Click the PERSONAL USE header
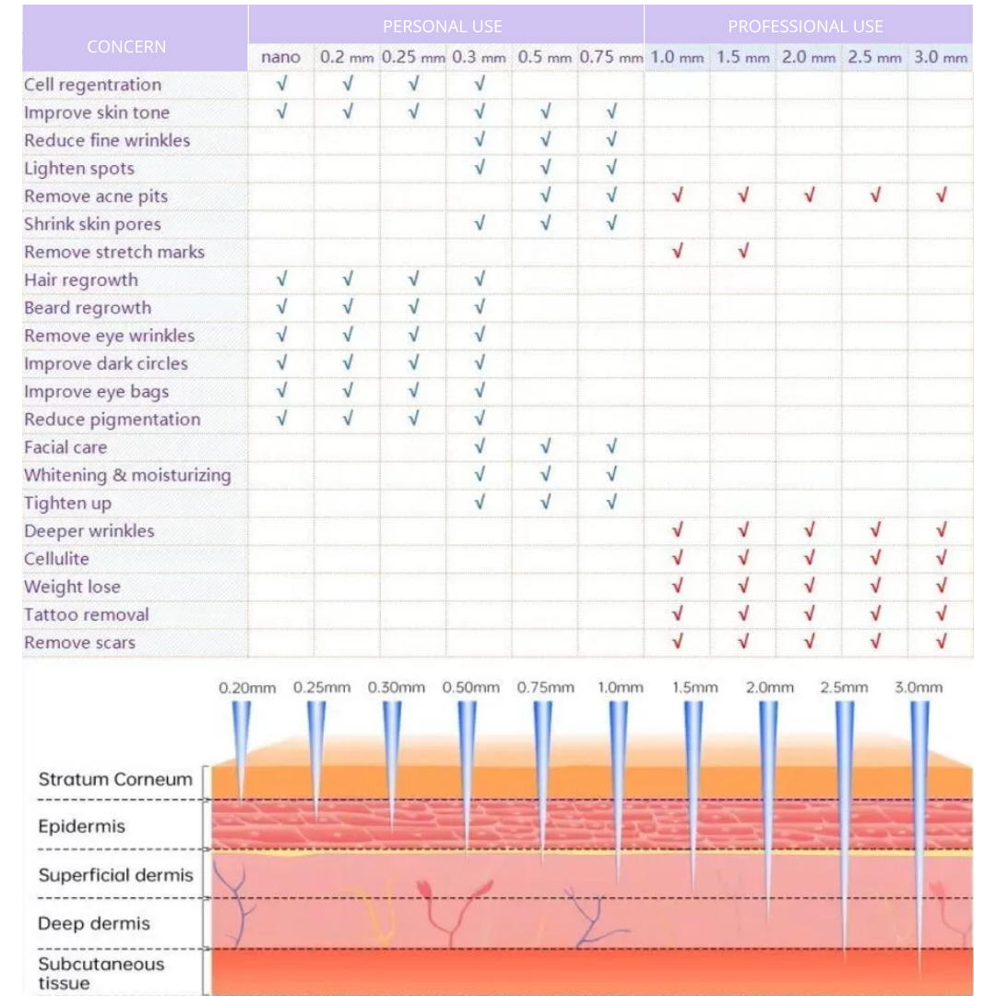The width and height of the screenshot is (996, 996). coord(443,26)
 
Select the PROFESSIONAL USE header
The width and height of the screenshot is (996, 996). coord(805,26)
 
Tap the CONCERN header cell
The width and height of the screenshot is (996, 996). coord(126,46)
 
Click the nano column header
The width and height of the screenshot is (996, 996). coord(280,57)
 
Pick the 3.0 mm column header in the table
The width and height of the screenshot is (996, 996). coord(941,57)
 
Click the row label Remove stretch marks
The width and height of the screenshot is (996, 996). coord(114,252)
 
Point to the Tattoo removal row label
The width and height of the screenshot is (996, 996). coord(87,614)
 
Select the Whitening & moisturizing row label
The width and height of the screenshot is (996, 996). coord(127,475)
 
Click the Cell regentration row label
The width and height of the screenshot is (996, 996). coord(92,85)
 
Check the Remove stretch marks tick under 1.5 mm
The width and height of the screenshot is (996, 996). coord(743,251)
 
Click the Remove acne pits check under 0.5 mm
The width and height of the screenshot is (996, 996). coord(545,196)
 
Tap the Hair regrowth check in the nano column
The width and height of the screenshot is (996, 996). coord(281,279)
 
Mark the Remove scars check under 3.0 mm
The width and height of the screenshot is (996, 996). coord(942,642)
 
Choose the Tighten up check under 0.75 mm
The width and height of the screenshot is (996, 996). coord(611,503)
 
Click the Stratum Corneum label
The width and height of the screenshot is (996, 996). coord(115,779)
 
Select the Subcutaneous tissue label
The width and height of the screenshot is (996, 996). coord(101,973)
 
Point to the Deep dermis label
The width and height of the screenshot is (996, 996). coord(94,923)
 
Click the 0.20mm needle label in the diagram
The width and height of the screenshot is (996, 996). coord(247,687)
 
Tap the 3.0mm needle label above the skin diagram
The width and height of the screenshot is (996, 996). coord(919,687)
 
